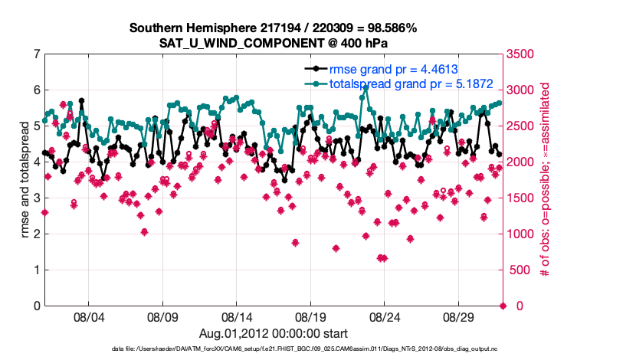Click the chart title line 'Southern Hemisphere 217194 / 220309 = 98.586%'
point(273,28)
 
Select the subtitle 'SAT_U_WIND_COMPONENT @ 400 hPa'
point(273,42)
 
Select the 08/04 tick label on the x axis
point(87,316)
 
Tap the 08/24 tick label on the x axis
point(385,316)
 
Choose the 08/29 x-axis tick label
point(460,316)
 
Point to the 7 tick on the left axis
point(36,54)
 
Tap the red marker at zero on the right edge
point(503,306)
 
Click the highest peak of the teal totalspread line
point(366,88)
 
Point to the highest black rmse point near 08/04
point(81,100)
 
